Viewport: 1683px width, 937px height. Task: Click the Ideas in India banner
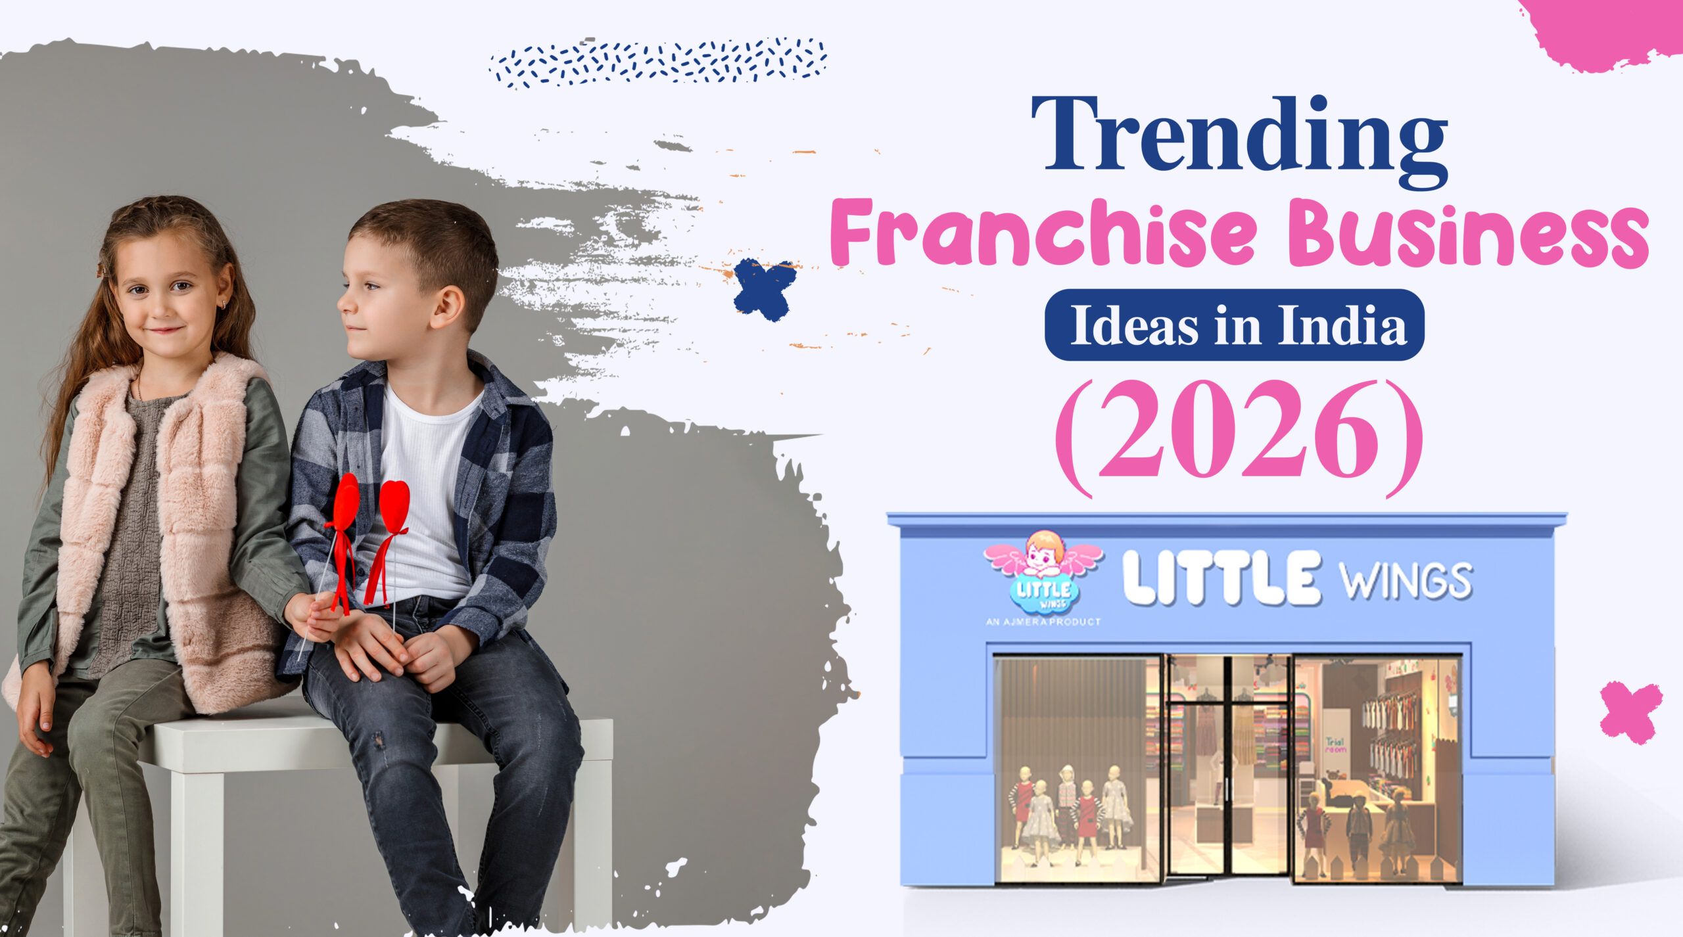1235,325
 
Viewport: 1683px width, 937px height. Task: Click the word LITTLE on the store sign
1221,578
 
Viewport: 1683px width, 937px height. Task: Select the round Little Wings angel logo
1044,573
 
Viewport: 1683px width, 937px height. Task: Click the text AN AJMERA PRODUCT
1043,622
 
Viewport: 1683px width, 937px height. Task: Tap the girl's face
168,296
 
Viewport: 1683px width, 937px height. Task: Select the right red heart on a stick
394,506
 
